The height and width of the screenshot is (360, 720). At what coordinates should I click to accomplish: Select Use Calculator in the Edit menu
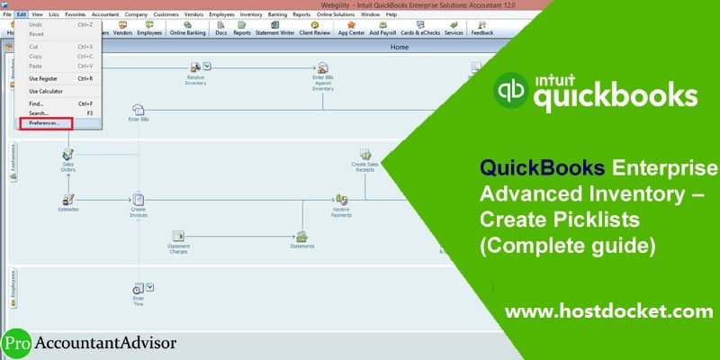point(46,91)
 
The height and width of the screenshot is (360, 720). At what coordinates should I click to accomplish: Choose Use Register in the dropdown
point(43,78)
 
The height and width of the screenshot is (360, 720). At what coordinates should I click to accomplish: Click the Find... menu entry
point(36,103)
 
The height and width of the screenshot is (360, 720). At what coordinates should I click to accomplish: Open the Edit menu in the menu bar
point(22,15)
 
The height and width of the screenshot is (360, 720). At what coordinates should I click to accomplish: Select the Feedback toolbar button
point(481,29)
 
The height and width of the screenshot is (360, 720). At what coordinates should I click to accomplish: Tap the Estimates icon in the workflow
point(68,200)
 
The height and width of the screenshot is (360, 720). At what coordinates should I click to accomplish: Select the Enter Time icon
point(138,291)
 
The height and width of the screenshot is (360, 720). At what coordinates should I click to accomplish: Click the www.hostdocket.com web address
point(608,312)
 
